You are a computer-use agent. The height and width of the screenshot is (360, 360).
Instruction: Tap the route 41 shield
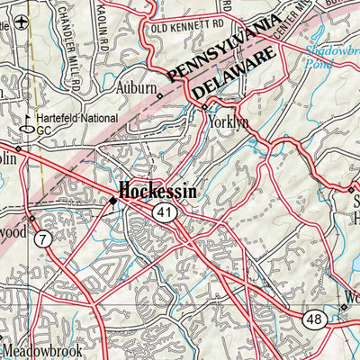click(x=163, y=212)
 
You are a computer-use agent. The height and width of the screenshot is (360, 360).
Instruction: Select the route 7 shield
click(x=43, y=239)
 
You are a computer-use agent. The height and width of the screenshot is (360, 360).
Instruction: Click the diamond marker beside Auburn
click(x=160, y=95)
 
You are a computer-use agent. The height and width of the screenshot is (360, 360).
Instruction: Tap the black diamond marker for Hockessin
click(x=112, y=201)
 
